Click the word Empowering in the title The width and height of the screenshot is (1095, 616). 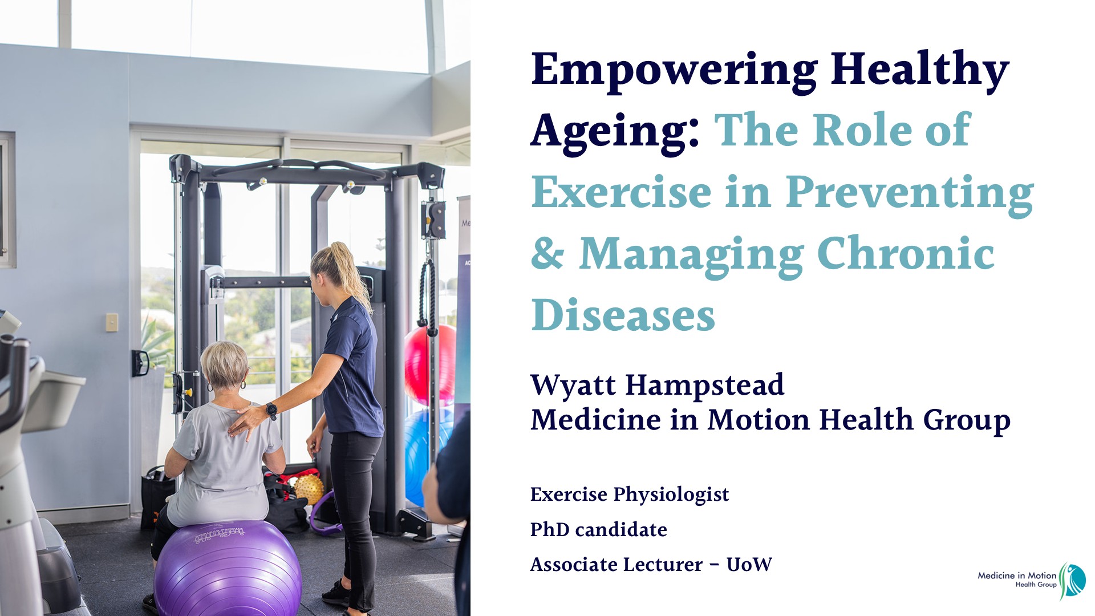click(674, 71)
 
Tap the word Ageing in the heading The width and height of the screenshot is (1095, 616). click(615, 132)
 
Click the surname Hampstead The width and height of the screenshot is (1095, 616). click(705, 385)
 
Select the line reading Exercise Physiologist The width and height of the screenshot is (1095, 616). click(630, 495)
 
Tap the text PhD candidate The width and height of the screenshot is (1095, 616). click(599, 530)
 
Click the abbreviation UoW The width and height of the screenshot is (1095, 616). click(749, 565)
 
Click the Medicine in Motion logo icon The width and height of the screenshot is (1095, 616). click(1072, 580)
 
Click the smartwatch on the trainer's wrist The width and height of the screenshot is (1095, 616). click(271, 410)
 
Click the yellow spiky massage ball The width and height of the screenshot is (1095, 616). click(309, 489)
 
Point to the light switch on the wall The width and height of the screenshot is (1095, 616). click(112, 322)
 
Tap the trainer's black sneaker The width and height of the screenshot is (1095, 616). click(337, 593)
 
